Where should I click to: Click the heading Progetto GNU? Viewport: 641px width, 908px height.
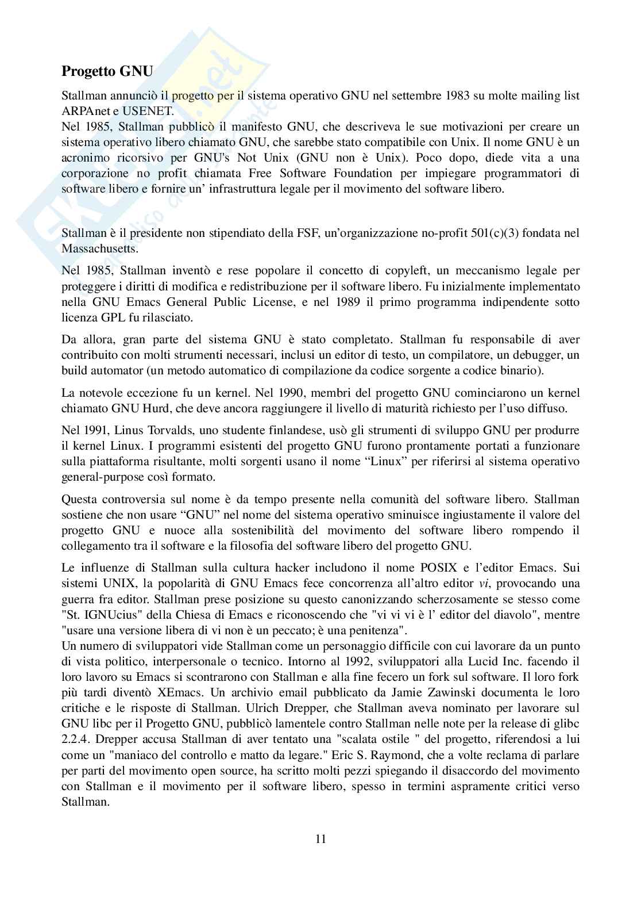107,72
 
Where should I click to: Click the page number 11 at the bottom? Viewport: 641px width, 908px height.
320,839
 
